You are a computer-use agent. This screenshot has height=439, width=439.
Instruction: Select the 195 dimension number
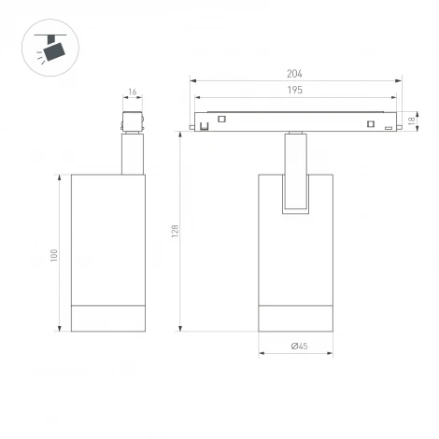295,91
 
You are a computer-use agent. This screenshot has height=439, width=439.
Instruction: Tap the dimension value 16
132,92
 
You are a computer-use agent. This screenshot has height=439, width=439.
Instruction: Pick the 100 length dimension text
54,253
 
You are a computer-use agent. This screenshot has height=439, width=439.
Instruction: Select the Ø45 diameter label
299,346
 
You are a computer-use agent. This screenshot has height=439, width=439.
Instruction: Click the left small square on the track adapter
222,119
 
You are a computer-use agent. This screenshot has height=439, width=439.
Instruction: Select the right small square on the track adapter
371,123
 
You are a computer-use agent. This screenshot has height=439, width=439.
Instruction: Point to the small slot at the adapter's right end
388,128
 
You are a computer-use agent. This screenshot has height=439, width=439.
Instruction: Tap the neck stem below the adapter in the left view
132,153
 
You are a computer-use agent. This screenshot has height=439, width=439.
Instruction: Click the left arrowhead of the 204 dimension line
192,81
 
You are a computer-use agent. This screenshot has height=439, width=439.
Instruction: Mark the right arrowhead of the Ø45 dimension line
329,353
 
